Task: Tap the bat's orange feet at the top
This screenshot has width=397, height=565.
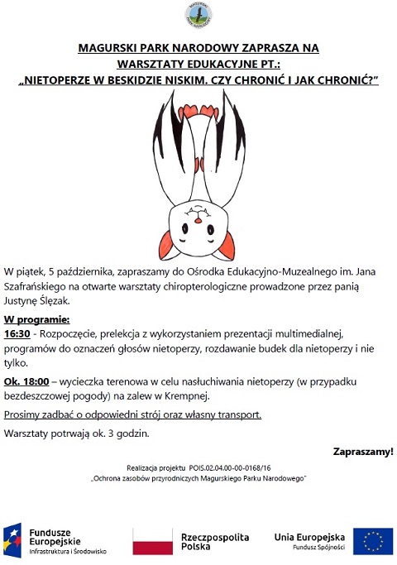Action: pyautogui.click(x=198, y=107)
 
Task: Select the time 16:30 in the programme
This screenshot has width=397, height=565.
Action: pyautogui.click(x=17, y=333)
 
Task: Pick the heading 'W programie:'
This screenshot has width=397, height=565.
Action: pyautogui.click(x=36, y=318)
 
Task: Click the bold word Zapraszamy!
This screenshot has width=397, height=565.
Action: pyautogui.click(x=362, y=451)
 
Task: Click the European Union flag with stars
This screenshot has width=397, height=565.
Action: pyautogui.click(x=373, y=541)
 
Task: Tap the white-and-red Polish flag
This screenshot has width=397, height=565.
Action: pyautogui.click(x=153, y=542)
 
